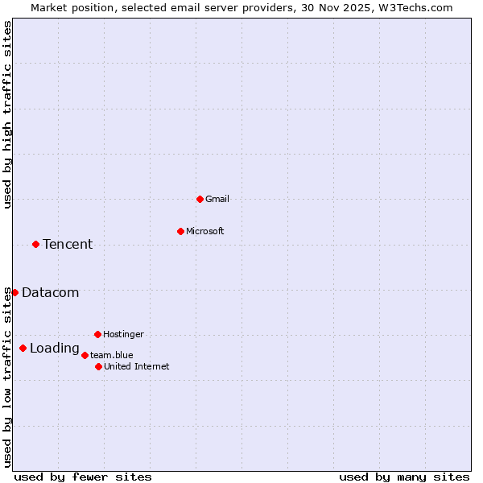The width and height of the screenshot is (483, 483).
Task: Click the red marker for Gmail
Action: pos(200,199)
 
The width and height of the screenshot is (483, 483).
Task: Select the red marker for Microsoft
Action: pos(180,231)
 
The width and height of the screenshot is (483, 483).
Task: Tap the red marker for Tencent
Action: pos(35,244)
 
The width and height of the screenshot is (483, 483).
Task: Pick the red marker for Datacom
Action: pos(14,292)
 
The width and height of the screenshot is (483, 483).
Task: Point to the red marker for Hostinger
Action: pos(97,334)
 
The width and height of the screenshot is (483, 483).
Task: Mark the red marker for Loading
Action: pos(23,348)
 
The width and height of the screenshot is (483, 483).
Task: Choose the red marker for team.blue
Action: pos(85,355)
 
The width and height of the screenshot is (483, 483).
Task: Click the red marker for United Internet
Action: pos(98,366)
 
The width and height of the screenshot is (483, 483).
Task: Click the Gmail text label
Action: pos(217,199)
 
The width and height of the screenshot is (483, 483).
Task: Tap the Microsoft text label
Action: pos(205,231)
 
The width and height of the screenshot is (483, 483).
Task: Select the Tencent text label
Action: pos(68,245)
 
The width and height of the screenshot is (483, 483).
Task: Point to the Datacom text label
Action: pos(51,293)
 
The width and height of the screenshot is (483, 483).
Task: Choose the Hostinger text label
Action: pos(123,334)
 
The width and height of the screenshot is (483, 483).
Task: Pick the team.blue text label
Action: pos(112,355)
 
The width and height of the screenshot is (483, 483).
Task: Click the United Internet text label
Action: pos(137,366)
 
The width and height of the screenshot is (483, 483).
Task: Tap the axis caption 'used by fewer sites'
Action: pos(83,477)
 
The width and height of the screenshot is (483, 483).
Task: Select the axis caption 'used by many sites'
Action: pos(404,477)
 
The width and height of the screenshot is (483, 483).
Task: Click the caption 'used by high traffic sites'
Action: pos(7,115)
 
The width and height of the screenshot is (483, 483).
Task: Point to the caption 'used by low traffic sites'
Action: pos(7,377)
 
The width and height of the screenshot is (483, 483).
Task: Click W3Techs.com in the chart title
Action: pos(416,7)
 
